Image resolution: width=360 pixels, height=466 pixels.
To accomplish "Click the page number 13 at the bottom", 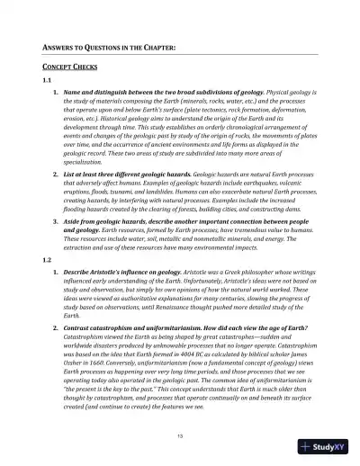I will point(181,435).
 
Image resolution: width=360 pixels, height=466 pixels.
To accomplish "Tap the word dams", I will point(284,206).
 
